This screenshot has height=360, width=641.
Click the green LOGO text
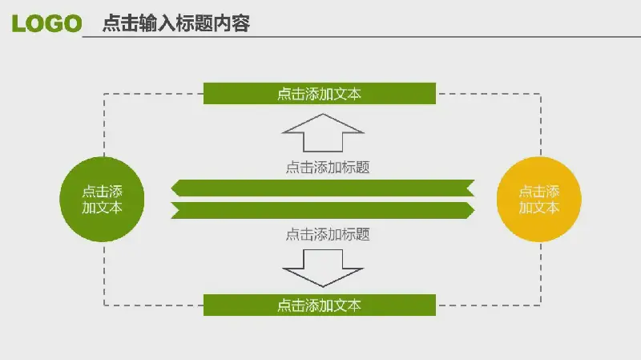46,23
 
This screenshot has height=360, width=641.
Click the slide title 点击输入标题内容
176,23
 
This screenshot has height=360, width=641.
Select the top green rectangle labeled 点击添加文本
320,94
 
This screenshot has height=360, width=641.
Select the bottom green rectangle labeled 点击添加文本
320,305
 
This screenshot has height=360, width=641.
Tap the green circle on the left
102,199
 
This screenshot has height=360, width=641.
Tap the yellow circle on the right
538,199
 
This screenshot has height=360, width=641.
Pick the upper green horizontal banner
323,188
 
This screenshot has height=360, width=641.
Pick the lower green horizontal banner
323,210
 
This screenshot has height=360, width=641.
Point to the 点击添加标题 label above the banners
328,168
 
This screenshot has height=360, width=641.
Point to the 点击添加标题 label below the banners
328,234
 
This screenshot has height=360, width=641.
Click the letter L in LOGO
18,23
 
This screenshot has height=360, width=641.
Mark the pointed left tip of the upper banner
171,188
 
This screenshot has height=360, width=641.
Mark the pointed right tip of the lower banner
474,210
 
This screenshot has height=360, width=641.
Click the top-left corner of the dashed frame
104,94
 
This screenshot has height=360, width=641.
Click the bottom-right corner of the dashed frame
541,305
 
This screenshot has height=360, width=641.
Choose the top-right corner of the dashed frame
541,94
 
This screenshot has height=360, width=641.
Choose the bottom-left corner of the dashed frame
104,305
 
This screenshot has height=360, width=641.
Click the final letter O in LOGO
73,23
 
